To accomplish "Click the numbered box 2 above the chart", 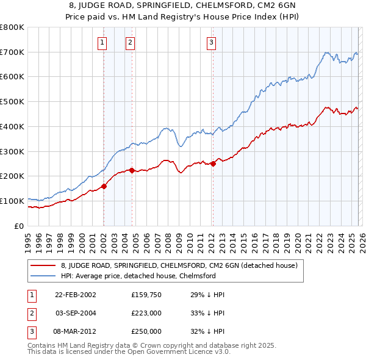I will point(131,42).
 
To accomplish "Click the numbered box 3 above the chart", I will point(210,42).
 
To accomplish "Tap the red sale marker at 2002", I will point(104,186).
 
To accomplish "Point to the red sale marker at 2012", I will point(213,164).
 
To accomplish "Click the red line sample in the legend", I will point(43,265).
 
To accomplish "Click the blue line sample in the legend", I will point(43,276).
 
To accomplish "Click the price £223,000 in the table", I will point(146,313).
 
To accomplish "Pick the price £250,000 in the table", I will point(146,331).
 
